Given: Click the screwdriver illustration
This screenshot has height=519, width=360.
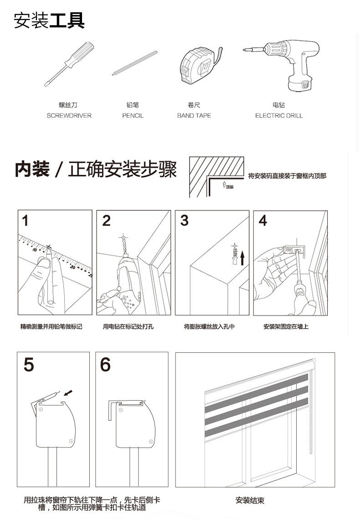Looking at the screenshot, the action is pyautogui.click(x=68, y=64).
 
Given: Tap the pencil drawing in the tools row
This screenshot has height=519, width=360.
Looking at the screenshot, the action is pyautogui.click(x=134, y=63).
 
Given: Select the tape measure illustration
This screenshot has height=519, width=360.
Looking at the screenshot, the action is pyautogui.click(x=200, y=65).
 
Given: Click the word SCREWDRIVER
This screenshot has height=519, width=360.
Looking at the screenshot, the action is pyautogui.click(x=69, y=116).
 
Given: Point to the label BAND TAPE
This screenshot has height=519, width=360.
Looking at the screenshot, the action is pyautogui.click(x=194, y=116).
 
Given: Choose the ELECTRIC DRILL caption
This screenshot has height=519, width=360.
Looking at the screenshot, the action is pyautogui.click(x=279, y=116).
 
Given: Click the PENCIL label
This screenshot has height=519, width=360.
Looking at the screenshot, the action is pyautogui.click(x=133, y=116).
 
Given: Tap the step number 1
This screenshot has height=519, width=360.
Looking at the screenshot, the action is pyautogui.click(x=25, y=221).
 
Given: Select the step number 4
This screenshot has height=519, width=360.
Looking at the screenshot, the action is pyautogui.click(x=263, y=220).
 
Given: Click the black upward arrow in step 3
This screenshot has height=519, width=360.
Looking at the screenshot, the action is pyautogui.click(x=242, y=258).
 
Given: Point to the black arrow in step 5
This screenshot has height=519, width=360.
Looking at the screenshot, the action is pyautogui.click(x=68, y=393).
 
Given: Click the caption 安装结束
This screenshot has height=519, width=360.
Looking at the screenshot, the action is pyautogui.click(x=250, y=500).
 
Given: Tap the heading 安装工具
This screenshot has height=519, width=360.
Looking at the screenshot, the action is pyautogui.click(x=49, y=20).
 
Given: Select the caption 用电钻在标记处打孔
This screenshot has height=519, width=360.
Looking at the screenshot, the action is pyautogui.click(x=128, y=327).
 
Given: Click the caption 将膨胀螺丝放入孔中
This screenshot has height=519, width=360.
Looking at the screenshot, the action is pyautogui.click(x=209, y=327).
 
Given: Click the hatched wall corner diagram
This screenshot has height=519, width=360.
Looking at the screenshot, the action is pyautogui.click(x=216, y=177).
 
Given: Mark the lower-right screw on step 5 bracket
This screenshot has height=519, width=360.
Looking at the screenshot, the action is pyautogui.click(x=71, y=441).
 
